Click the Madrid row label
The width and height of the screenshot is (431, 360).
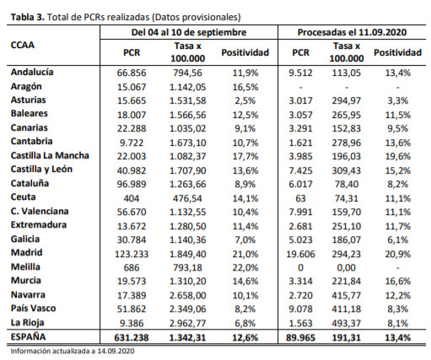click(x=26, y=252)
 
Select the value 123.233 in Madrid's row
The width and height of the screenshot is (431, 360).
click(x=132, y=254)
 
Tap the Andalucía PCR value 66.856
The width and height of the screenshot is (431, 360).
click(x=132, y=73)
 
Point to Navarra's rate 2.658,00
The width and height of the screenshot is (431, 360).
click(x=187, y=295)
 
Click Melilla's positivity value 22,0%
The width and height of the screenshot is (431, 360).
click(x=245, y=267)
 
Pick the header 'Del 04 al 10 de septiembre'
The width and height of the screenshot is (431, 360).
click(x=189, y=32)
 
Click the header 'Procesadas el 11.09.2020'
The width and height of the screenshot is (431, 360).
click(x=352, y=32)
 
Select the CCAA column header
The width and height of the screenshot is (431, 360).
click(x=23, y=45)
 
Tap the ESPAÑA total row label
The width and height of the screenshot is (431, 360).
click(x=28, y=336)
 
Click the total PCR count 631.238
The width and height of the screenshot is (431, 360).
click(x=132, y=337)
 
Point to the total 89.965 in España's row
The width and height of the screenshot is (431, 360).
click(x=300, y=337)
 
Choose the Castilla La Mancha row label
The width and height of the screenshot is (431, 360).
click(x=50, y=155)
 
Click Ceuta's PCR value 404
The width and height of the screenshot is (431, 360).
click(x=132, y=198)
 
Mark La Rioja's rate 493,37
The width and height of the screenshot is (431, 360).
click(x=347, y=323)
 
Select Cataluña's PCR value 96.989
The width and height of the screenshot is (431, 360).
click(x=132, y=184)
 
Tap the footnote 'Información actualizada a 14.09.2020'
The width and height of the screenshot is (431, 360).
click(x=73, y=351)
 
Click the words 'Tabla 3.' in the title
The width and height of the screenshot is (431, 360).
click(x=28, y=17)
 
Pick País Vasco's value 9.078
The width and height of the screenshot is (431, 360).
click(x=300, y=309)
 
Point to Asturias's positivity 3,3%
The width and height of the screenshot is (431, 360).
click(x=397, y=100)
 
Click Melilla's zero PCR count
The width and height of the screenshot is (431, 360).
click(x=300, y=267)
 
